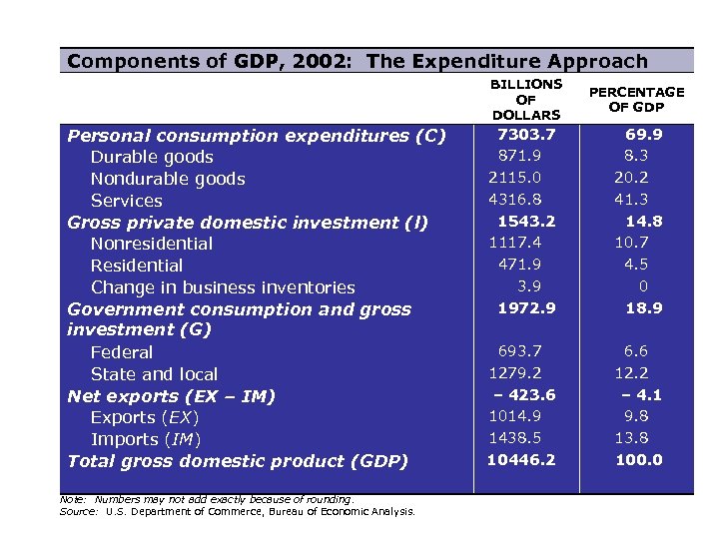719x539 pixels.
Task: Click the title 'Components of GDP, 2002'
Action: pyautogui.click(x=357, y=61)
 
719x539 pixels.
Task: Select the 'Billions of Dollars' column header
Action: pyautogui.click(x=526, y=100)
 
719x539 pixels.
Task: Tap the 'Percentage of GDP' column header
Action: pyautogui.click(x=636, y=100)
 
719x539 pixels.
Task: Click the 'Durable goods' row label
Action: pyautogui.click(x=152, y=157)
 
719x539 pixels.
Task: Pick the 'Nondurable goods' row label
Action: pyautogui.click(x=168, y=179)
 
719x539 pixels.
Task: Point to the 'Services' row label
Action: pyautogui.click(x=126, y=201)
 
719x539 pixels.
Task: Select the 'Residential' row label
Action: pyautogui.click(x=137, y=266)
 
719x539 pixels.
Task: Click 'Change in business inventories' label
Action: pyautogui.click(x=223, y=287)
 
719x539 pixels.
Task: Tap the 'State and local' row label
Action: pyautogui.click(x=154, y=374)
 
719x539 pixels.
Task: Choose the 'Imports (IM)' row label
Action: pyautogui.click(x=146, y=439)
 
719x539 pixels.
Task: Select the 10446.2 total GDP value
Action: pyautogui.click(x=521, y=460)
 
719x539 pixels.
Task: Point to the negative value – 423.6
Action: pyautogui.click(x=523, y=394)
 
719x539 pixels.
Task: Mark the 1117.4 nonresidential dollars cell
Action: pyautogui.click(x=515, y=242)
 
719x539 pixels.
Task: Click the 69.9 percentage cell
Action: pyautogui.click(x=643, y=134)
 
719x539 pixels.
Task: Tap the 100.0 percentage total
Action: pyautogui.click(x=638, y=460)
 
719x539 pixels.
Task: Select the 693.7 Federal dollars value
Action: pyautogui.click(x=519, y=350)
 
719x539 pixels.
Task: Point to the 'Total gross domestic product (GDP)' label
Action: pyautogui.click(x=238, y=461)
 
